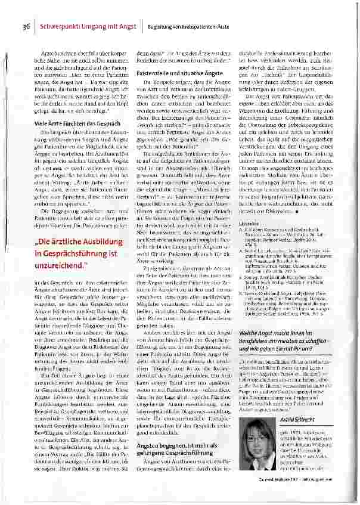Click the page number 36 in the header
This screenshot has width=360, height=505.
click(26, 26)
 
